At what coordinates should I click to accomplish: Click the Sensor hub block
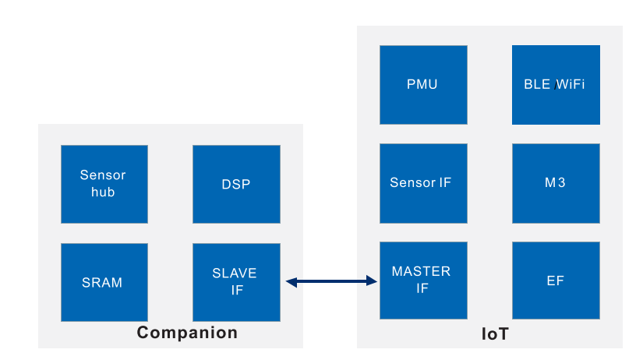click(104, 184)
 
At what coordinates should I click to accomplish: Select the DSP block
click(236, 184)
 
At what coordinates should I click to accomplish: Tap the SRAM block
click(104, 282)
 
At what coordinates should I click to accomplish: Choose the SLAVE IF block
click(236, 282)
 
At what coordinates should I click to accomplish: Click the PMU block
click(423, 84)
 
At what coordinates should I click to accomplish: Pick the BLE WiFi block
click(556, 84)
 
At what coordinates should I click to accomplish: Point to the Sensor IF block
click(423, 182)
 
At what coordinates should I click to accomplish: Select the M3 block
click(556, 182)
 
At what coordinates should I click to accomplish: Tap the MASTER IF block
click(423, 281)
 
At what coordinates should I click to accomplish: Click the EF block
click(556, 281)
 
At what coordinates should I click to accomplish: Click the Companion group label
click(187, 333)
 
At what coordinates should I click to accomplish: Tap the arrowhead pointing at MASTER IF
click(372, 281)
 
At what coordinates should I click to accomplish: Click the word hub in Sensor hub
click(103, 192)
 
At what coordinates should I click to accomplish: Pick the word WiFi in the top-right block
click(571, 84)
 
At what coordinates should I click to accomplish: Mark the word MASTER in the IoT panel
click(421, 272)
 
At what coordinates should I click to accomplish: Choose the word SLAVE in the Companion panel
click(235, 274)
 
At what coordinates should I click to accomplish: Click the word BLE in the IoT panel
click(538, 84)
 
